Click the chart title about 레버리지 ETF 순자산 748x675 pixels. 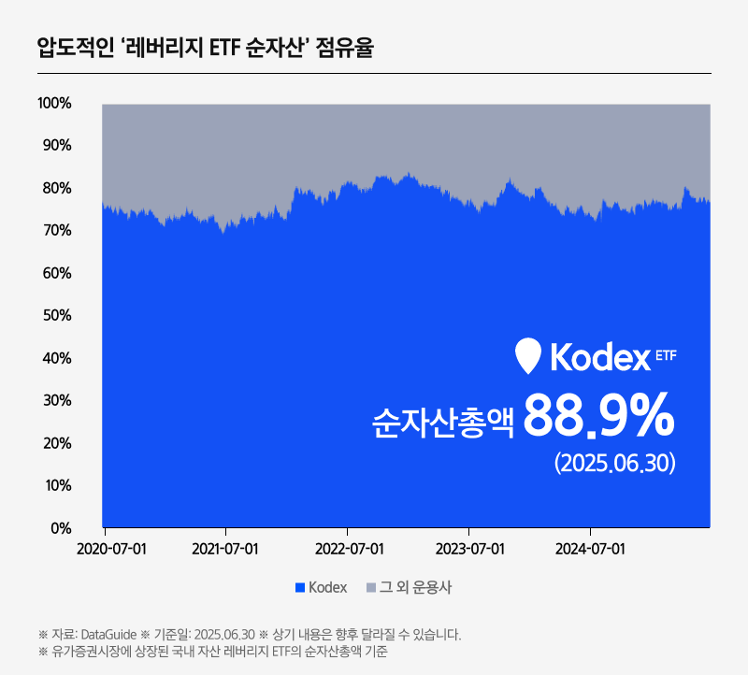pyautogui.click(x=205, y=47)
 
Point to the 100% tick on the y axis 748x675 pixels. pyautogui.click(x=54, y=103)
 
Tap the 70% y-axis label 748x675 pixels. pyautogui.click(x=54, y=230)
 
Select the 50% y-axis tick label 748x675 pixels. pyautogui.click(x=54, y=315)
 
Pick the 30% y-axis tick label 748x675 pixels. pyautogui.click(x=54, y=400)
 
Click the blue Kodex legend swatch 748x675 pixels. pyautogui.click(x=300, y=588)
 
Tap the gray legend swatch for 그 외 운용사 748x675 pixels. pyautogui.click(x=371, y=588)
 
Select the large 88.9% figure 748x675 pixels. pyautogui.click(x=598, y=417)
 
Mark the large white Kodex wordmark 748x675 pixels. pyautogui.click(x=599, y=357)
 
